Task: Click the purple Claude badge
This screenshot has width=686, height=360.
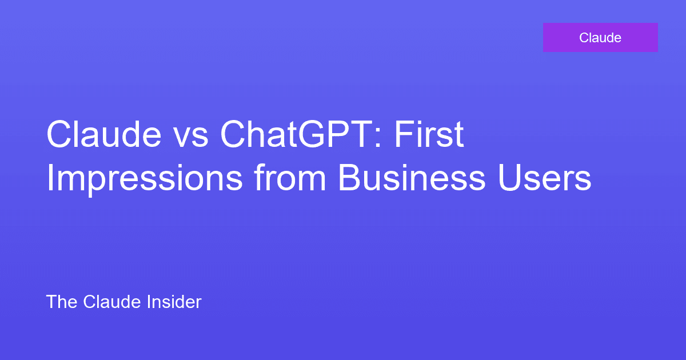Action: (x=600, y=38)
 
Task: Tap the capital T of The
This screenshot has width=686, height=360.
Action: (x=51, y=302)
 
